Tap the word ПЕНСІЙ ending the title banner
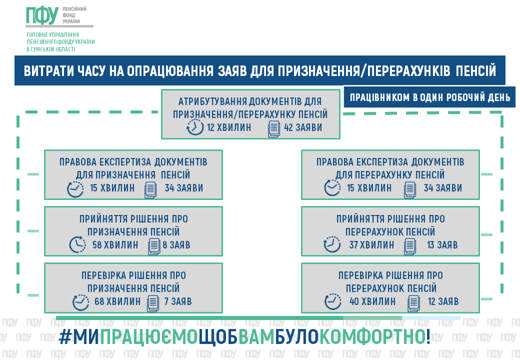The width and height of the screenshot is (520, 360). click(476, 70)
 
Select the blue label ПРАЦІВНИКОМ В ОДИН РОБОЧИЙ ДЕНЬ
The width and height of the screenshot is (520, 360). click(429, 97)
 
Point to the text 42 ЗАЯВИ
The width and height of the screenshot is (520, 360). click(303, 127)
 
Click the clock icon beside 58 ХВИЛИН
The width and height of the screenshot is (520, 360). click(76, 244)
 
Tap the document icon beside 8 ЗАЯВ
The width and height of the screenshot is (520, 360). click(154, 245)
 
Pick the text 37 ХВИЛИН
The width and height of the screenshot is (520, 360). click(371, 245)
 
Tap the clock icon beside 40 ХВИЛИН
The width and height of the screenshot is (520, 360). click(332, 302)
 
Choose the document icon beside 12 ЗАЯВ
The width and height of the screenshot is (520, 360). click(413, 302)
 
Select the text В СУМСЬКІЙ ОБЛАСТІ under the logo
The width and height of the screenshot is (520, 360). click(50, 49)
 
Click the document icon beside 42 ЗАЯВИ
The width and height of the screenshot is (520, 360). click(274, 128)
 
